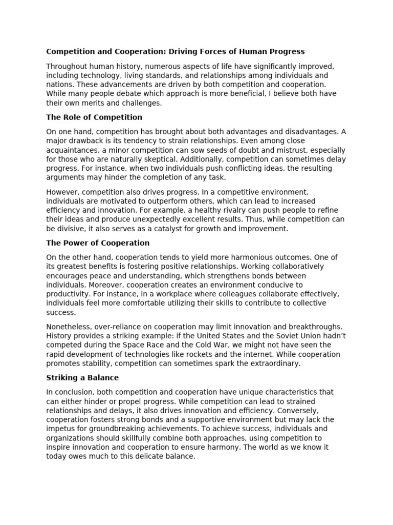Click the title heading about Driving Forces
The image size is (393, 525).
176,51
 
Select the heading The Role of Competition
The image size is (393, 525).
94,117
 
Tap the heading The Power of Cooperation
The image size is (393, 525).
98,243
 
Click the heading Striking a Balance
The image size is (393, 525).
82,377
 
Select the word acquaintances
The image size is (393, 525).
70,150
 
